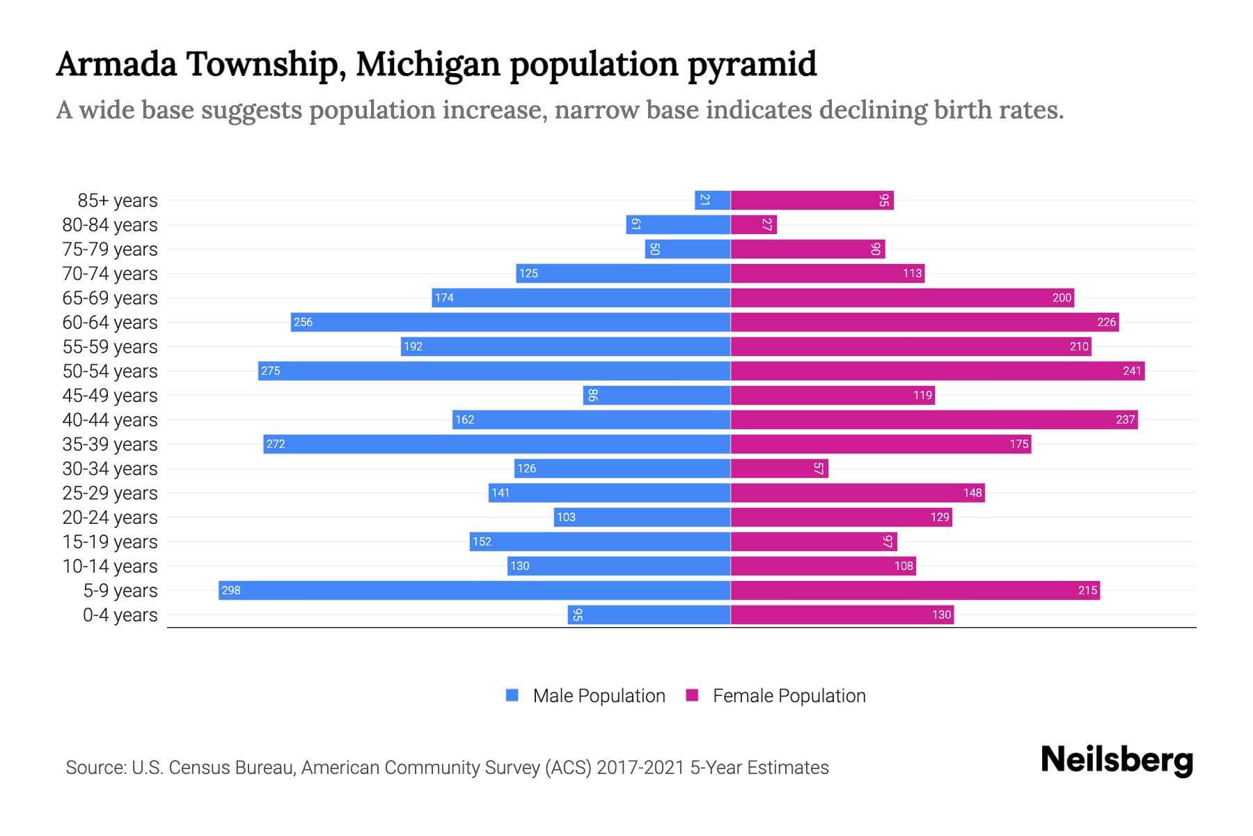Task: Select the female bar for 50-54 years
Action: click(937, 371)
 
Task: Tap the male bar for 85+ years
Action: click(712, 200)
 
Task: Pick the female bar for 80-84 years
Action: click(753, 224)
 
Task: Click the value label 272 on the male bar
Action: click(276, 444)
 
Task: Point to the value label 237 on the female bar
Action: click(1125, 419)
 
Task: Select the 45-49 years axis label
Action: click(110, 395)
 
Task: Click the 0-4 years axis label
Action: click(120, 614)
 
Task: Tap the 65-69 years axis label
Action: click(110, 297)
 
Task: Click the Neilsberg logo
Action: click(1117, 760)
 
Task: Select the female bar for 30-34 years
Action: click(779, 468)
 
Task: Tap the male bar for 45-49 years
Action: click(656, 395)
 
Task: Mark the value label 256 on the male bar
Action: click(303, 322)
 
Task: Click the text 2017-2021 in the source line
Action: click(640, 767)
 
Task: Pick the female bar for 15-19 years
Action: click(813, 541)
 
